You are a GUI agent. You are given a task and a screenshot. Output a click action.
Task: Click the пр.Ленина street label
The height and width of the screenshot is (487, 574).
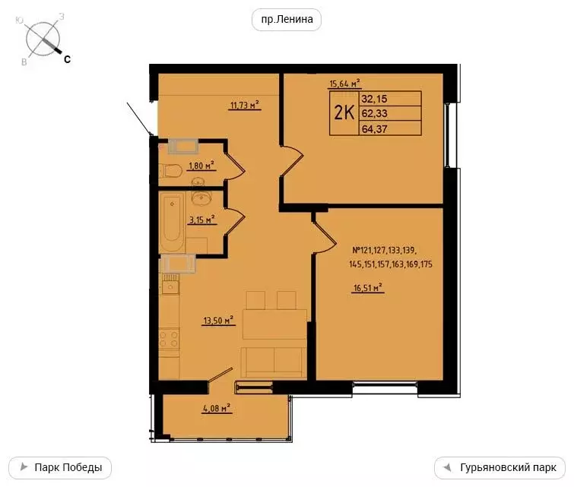coord(287,20)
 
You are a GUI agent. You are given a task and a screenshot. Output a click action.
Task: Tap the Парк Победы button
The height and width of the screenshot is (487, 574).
coord(65,466)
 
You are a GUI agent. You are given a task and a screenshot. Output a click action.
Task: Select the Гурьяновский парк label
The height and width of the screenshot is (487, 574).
coord(499,466)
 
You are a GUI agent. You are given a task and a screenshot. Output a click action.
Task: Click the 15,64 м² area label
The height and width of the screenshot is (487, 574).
coord(344,84)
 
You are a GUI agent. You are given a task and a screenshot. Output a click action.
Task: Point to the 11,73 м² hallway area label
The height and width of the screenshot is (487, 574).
coord(245,106)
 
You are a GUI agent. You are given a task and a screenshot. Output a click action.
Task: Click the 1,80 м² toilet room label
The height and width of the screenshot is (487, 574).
coord(201,165)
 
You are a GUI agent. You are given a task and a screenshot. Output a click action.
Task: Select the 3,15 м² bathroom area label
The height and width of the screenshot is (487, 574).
coord(201,220)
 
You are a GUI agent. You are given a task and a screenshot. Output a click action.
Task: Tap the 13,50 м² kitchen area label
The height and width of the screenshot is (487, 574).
coord(218,321)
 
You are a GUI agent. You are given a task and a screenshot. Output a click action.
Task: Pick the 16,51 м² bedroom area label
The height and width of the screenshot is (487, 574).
coord(367,288)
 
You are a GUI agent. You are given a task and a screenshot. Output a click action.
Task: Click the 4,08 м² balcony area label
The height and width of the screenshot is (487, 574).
coord(217,408)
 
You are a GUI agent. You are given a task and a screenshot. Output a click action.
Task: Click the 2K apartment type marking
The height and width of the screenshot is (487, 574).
coord(344,113)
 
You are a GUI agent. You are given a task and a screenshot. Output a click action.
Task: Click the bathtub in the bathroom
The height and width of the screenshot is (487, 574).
coord(173,223)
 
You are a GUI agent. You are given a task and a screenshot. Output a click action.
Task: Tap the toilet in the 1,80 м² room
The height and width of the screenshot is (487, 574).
coord(168,171)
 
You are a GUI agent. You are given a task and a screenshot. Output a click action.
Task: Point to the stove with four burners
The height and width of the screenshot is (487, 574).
coord(170,339)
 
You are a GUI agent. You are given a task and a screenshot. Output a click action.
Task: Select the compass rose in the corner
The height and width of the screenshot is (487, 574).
coord(44,38)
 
